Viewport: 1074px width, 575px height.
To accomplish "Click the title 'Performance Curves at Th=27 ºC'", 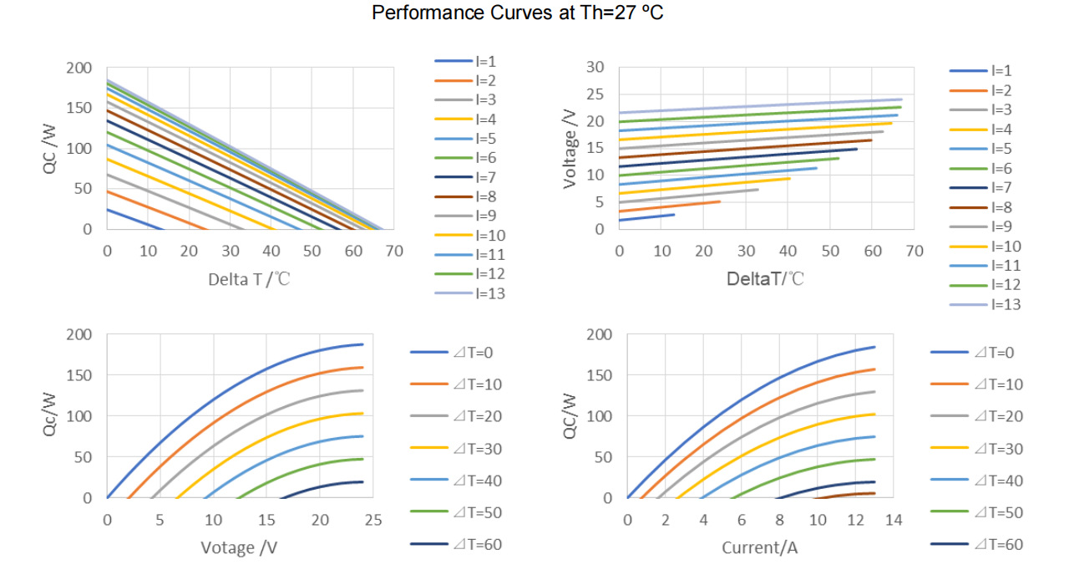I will coord(518,13).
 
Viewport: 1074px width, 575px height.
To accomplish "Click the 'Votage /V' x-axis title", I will coord(238,548).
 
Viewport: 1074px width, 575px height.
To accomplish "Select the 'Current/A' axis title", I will coord(760,548).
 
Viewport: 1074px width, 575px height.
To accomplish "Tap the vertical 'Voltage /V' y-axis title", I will coord(570,148).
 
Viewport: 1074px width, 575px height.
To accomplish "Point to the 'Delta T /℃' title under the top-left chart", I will coord(249,278).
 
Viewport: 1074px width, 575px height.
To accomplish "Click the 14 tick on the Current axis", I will coord(894,520).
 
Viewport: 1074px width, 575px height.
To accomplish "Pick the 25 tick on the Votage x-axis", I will coord(373,520).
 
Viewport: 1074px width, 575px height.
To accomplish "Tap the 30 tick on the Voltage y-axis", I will coord(595,67).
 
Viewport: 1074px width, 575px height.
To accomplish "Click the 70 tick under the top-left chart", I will coord(393,251).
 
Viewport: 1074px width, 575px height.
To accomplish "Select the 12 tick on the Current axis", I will coord(855,520).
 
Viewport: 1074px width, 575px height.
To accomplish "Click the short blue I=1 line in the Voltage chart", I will coord(647,217).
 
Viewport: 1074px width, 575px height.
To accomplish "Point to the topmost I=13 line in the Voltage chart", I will coord(760,106).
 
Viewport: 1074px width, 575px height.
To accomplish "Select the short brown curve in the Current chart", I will coord(852,495).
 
